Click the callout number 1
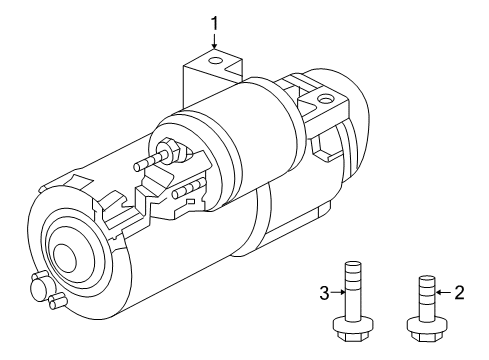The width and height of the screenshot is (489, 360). (x=214, y=20)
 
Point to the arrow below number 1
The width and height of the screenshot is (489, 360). (x=214, y=42)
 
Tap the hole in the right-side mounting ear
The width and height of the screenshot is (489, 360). (x=324, y=100)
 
